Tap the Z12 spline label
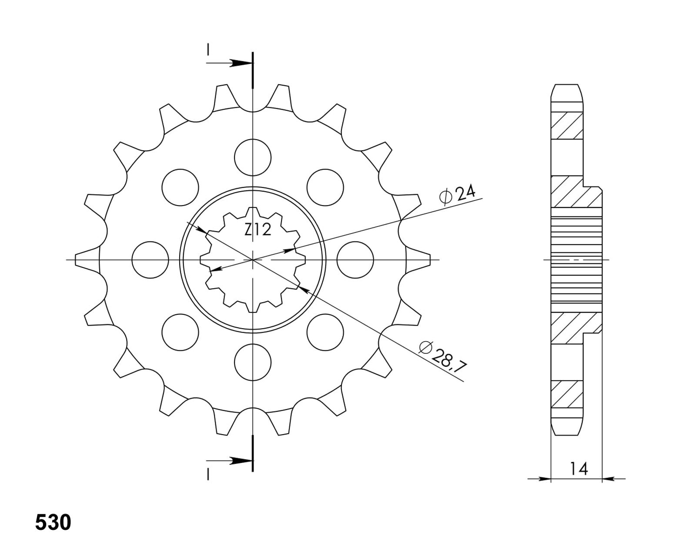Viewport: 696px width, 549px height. [258, 230]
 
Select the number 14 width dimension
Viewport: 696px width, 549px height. [579, 469]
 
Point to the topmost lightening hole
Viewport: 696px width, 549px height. [253, 158]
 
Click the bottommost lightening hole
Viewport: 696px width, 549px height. [253, 362]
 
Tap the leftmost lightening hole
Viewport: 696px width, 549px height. [151, 260]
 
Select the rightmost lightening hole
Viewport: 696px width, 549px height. [355, 260]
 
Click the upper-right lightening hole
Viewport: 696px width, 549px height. [325, 187]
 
